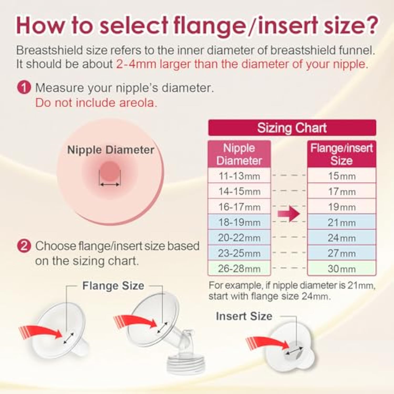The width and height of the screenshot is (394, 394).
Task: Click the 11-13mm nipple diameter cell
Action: [x=239, y=175]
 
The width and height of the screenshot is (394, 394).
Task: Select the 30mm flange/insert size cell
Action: [x=342, y=268]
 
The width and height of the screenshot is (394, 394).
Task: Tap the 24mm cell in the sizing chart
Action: [x=342, y=237]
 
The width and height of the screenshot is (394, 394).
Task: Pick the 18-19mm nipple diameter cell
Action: [x=239, y=222]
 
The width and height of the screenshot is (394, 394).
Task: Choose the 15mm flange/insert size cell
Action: [x=342, y=175]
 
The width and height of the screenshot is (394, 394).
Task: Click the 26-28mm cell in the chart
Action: [x=239, y=268]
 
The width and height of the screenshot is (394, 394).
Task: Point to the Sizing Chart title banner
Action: [x=292, y=128]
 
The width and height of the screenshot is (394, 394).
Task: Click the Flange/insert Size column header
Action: [x=342, y=154]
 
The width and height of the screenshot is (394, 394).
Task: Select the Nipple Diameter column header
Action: [x=239, y=154]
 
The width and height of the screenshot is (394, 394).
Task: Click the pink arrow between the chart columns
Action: [x=289, y=213]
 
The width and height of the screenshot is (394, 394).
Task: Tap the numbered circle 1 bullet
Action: [x=24, y=87]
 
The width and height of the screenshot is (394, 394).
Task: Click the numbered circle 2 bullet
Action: [x=24, y=246]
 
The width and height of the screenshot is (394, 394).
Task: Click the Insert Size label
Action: [x=244, y=316]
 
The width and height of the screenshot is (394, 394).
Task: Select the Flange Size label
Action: [x=113, y=286]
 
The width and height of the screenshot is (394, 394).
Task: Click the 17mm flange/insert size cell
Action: [x=342, y=191]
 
